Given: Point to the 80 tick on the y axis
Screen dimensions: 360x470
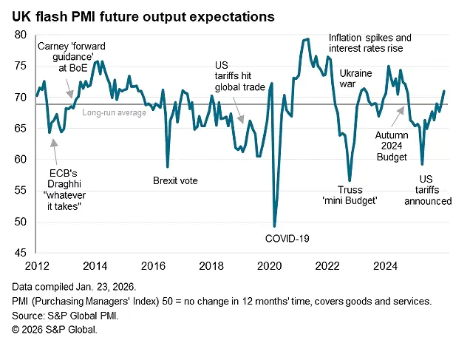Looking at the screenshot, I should [21, 35].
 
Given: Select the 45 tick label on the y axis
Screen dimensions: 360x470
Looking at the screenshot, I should [21, 253].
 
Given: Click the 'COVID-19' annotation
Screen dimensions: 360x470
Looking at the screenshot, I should [287, 238].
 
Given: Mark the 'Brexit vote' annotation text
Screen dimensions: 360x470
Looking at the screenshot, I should [175, 180].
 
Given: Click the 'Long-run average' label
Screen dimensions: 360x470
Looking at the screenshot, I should [115, 113].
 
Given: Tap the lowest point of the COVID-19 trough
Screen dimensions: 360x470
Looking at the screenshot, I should [275, 226].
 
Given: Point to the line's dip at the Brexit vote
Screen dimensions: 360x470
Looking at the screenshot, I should [168, 166].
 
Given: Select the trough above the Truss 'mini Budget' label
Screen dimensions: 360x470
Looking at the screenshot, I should [350, 180].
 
